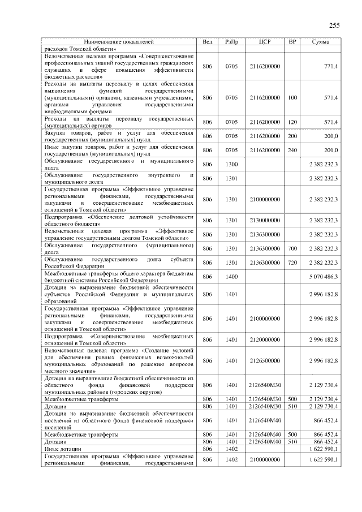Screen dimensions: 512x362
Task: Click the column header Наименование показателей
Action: pyautogui.click(x=119, y=42)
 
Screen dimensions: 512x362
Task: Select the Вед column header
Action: pyautogui.click(x=208, y=42)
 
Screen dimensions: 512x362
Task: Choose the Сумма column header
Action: pyautogui.click(x=322, y=42)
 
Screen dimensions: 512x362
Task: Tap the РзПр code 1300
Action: pyautogui.click(x=231, y=164)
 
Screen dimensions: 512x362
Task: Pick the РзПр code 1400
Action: pyautogui.click(x=231, y=277)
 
